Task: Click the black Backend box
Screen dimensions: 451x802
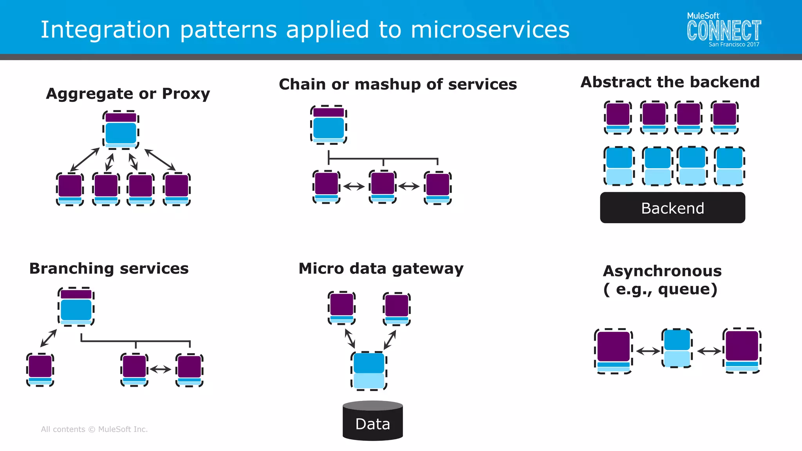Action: [x=672, y=208]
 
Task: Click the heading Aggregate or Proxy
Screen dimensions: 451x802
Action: [x=128, y=94]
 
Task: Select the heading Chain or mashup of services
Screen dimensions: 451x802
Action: [x=398, y=84]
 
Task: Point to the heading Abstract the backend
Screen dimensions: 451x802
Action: [x=670, y=82]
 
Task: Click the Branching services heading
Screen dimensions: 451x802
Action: [x=109, y=269]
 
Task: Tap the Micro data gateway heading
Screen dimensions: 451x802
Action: [x=381, y=269]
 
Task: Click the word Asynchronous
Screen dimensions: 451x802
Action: [x=662, y=271]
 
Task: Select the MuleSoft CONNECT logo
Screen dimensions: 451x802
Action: [x=724, y=30]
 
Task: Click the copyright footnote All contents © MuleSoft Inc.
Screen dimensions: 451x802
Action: [x=94, y=429]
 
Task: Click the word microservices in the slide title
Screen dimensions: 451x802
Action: [x=490, y=30]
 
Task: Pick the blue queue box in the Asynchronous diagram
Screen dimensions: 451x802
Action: [x=677, y=348]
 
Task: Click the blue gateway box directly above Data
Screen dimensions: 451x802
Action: [x=368, y=370]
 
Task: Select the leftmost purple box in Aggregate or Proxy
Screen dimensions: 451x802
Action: [x=70, y=189]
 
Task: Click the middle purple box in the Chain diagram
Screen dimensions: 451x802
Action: [x=383, y=186]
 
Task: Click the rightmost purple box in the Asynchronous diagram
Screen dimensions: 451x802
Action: [x=742, y=350]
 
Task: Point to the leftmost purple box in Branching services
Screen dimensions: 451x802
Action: [x=40, y=369]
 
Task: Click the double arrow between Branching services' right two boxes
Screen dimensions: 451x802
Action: [x=161, y=369]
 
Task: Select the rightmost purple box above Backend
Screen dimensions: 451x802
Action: [x=724, y=117]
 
